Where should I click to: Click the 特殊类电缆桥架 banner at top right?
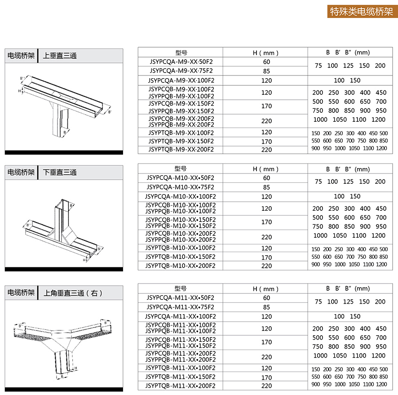(361, 11)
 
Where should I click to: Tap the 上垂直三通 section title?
(60, 56)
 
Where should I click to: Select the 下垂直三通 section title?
(60, 172)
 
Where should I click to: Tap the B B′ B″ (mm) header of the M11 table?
(348, 288)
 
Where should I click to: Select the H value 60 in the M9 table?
(267, 62)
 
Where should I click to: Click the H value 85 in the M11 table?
(267, 307)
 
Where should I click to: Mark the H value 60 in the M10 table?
(267, 178)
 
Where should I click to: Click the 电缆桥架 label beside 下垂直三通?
(21, 172)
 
